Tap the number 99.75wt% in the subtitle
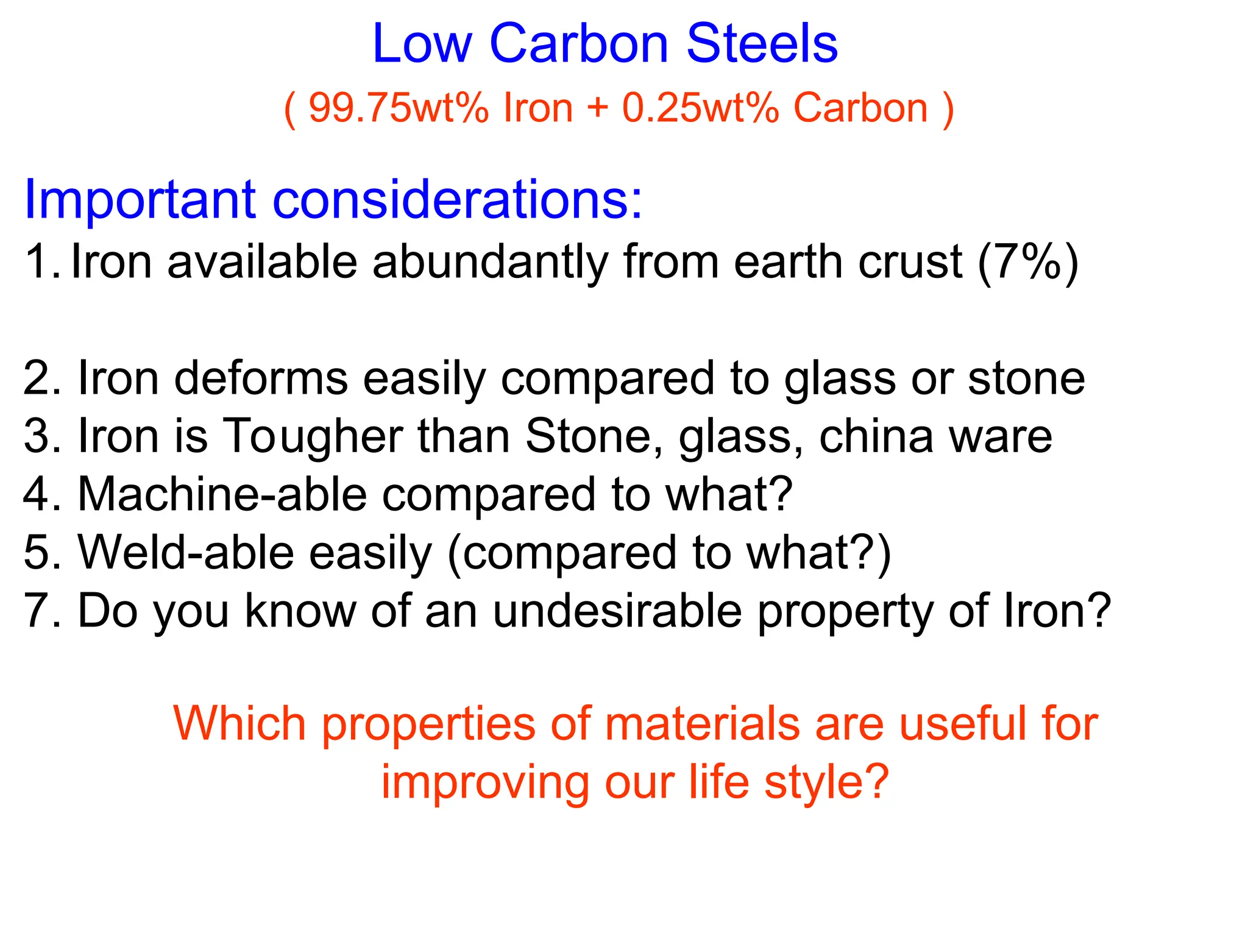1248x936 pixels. (x=399, y=108)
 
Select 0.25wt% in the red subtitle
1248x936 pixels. (x=701, y=108)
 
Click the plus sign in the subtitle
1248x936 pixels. (x=598, y=108)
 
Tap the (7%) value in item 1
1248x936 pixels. (x=1028, y=263)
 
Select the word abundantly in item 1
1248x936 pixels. (x=491, y=263)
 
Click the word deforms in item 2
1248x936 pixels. (x=261, y=378)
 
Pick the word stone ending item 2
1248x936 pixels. (x=1026, y=378)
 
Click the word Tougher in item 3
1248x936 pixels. (x=312, y=437)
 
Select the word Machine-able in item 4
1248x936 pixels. (x=222, y=494)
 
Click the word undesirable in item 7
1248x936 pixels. (x=617, y=611)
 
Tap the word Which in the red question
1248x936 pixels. (x=239, y=724)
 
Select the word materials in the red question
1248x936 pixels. (x=702, y=724)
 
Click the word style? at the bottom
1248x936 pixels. (x=826, y=782)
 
